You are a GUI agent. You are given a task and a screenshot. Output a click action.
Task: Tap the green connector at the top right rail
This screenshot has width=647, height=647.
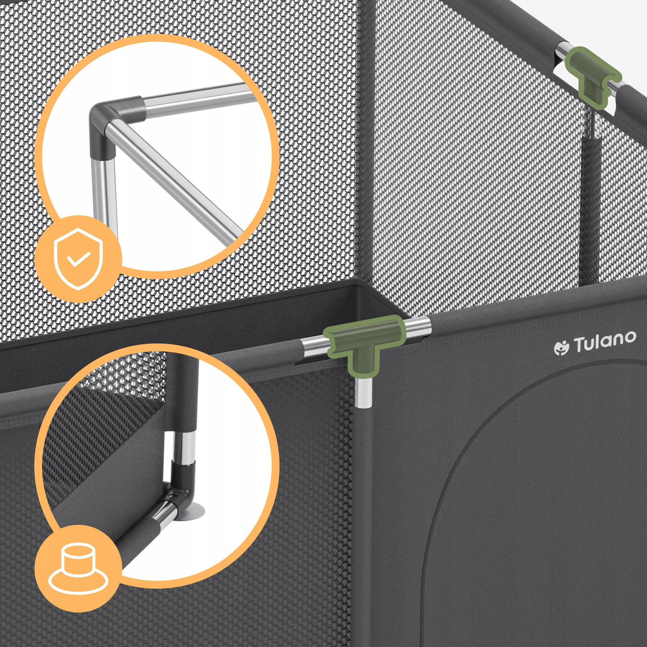pyautogui.click(x=591, y=76)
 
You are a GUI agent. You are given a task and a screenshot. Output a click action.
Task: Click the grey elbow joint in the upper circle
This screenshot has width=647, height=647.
pyautogui.click(x=113, y=121)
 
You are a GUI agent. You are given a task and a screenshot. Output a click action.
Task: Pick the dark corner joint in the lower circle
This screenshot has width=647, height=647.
pyautogui.click(x=180, y=485)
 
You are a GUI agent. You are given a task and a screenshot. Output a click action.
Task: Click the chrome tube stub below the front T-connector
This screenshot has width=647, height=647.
pyautogui.click(x=364, y=392)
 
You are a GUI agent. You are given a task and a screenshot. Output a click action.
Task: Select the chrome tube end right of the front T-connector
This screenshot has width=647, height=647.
pyautogui.click(x=417, y=329)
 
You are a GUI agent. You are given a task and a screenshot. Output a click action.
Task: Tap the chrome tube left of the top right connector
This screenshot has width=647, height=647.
pyautogui.click(x=562, y=52)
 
